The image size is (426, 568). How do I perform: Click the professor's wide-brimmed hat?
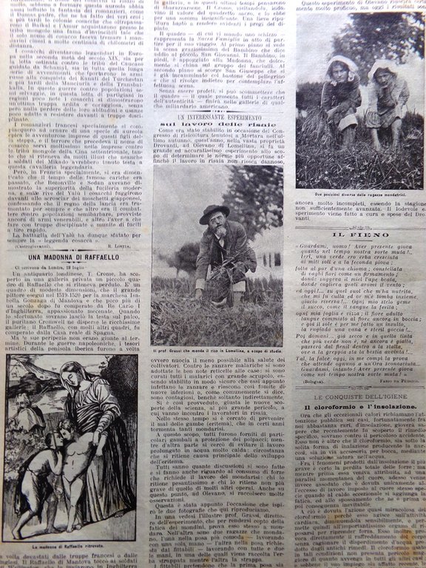tap(214, 214)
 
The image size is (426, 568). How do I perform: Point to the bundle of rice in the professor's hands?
tap(217, 277)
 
